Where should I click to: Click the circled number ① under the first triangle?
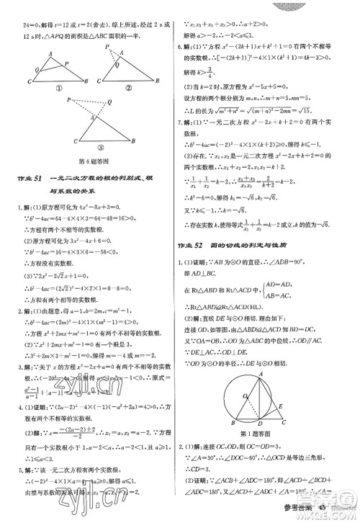(x=53, y=91)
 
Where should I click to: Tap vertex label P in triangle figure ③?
(x=66, y=102)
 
